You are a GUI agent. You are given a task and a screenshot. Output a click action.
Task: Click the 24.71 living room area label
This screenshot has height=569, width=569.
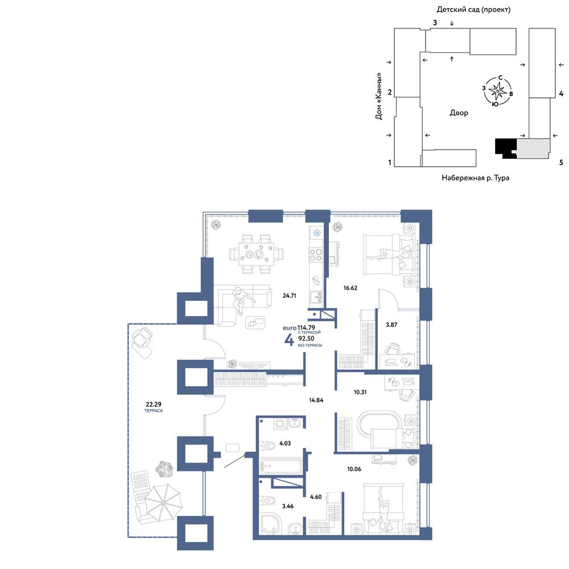(x=289, y=296)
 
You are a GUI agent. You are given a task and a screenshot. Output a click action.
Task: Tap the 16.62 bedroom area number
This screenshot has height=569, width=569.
(x=350, y=288)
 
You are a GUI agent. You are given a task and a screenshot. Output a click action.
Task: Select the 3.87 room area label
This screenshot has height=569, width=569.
(x=391, y=325)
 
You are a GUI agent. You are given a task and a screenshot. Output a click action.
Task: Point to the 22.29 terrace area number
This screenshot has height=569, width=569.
(x=154, y=404)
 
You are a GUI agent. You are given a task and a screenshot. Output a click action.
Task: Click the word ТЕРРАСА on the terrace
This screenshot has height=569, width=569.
(x=154, y=411)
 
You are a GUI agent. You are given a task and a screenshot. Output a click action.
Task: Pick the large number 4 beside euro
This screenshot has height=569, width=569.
(x=289, y=340)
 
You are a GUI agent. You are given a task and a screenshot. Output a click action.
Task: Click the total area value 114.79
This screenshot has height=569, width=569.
(x=306, y=328)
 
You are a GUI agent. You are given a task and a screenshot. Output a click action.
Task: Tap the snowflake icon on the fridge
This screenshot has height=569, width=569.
(x=317, y=233)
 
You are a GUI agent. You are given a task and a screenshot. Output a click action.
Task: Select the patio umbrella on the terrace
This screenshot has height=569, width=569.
(x=164, y=502)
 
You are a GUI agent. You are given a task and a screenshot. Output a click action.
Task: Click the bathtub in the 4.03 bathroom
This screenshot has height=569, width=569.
(x=281, y=465)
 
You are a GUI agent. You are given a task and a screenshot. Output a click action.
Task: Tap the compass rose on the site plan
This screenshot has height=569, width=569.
(x=497, y=91)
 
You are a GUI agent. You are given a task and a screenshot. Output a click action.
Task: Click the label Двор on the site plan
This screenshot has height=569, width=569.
(x=459, y=113)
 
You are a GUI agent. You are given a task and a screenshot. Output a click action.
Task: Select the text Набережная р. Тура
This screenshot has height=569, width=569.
(x=475, y=178)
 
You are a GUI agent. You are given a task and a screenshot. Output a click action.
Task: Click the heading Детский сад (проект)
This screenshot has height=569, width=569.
(x=473, y=10)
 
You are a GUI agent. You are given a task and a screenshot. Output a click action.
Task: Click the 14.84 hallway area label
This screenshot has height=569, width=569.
(x=316, y=400)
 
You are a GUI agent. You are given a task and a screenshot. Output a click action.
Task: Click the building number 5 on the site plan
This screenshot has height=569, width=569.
(x=562, y=163)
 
